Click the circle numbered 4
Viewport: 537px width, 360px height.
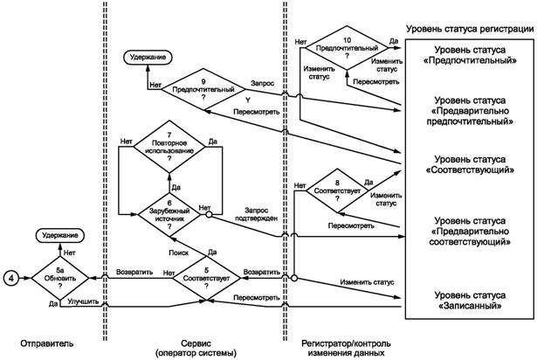pos(11,279)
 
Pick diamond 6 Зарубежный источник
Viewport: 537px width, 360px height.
pos(176,211)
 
